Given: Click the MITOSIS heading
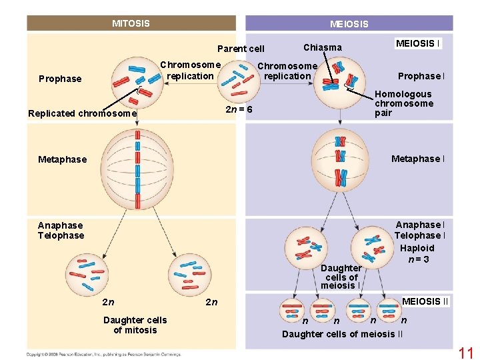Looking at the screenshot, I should click(131, 23).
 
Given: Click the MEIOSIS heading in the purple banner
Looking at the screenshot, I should click(349, 24).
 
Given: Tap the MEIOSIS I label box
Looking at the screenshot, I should click(418, 43).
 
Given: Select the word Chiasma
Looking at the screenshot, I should click(322, 47).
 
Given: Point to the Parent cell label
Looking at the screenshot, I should click(241, 48).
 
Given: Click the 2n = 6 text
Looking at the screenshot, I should click(239, 109).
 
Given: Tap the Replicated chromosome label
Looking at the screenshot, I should click(82, 113).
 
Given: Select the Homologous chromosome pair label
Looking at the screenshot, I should click(403, 103).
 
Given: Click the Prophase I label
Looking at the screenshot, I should click(421, 76).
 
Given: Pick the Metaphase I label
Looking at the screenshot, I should click(418, 159).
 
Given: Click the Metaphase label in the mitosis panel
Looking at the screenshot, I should click(62, 159).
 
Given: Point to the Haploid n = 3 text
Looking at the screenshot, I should click(417, 253).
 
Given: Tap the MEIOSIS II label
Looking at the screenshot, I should click(425, 301).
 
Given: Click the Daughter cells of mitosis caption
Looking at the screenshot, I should click(135, 325).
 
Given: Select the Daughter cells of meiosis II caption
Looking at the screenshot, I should click(342, 333).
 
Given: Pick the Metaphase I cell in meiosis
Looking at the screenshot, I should click(340, 159).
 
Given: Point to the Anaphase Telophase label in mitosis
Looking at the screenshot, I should click(61, 231).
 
